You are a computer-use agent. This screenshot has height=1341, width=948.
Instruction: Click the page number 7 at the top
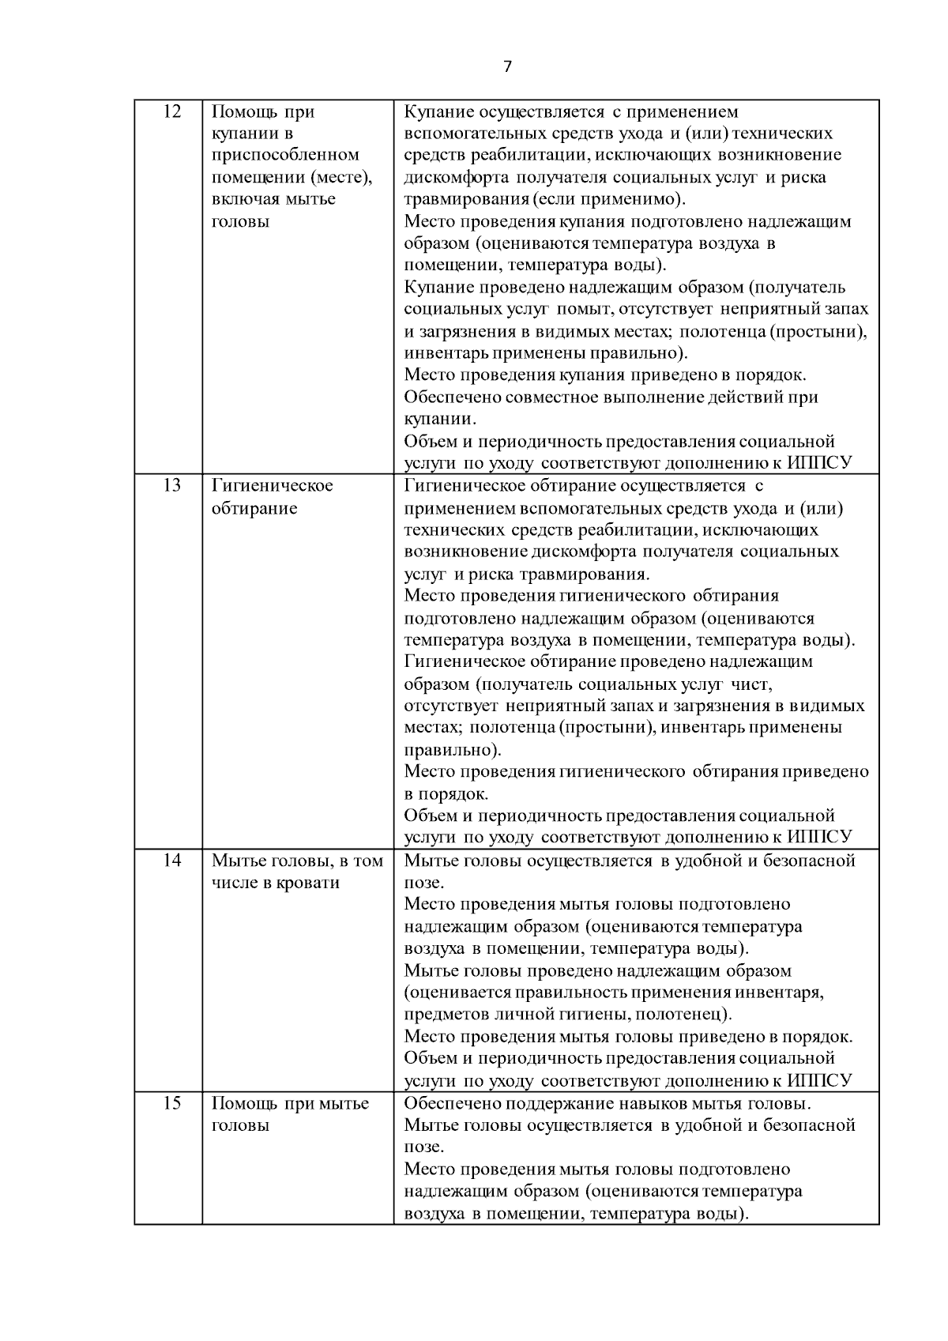click(507, 66)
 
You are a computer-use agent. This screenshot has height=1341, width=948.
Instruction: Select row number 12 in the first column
click(171, 111)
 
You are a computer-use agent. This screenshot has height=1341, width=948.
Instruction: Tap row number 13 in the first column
click(171, 485)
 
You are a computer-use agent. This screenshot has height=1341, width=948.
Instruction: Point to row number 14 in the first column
click(171, 861)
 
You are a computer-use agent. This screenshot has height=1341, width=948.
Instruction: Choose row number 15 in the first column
click(171, 1103)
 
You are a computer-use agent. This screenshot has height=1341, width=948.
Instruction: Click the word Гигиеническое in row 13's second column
click(272, 485)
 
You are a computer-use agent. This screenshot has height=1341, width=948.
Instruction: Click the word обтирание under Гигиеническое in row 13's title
click(254, 508)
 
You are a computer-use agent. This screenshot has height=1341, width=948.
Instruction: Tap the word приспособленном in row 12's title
click(285, 155)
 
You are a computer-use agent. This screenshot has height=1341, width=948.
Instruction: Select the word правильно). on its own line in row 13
click(453, 750)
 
